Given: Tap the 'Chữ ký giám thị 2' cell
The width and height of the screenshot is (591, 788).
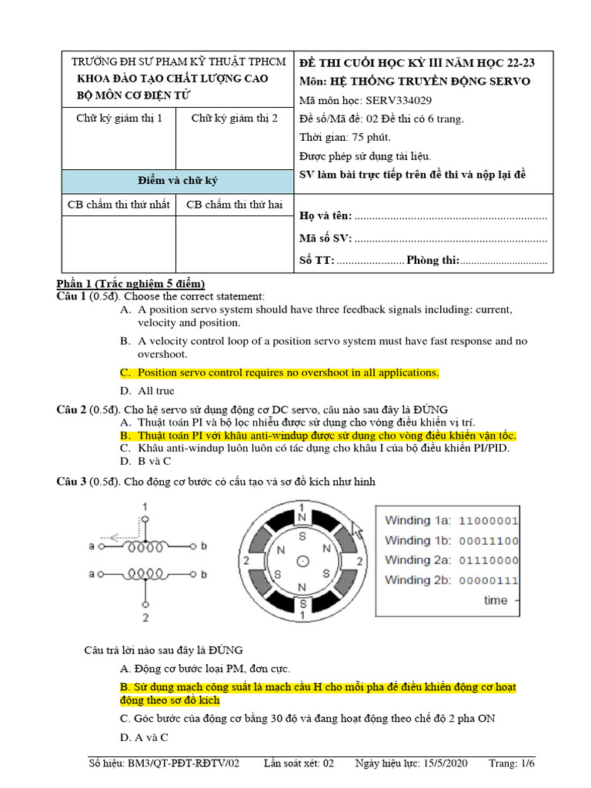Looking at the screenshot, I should pyautogui.click(x=234, y=118).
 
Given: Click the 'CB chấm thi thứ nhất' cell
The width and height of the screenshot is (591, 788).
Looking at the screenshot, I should pyautogui.click(x=119, y=205).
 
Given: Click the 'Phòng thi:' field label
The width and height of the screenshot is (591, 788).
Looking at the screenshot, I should pyautogui.click(x=432, y=260).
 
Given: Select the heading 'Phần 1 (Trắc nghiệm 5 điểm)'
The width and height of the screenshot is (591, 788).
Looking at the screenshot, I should pyautogui.click(x=130, y=283).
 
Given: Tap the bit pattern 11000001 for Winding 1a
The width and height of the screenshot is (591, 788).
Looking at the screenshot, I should pyautogui.click(x=488, y=521).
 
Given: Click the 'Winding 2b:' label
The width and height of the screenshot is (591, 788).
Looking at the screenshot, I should pyautogui.click(x=418, y=579).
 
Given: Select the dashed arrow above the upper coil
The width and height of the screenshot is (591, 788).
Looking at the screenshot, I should pyautogui.click(x=116, y=538).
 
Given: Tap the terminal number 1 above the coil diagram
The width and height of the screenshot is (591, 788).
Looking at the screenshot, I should pyautogui.click(x=145, y=506).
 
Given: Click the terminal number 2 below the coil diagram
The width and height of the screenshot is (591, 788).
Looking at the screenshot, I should pyautogui.click(x=145, y=616).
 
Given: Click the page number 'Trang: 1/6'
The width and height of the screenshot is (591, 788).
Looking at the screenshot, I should pyautogui.click(x=512, y=763).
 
